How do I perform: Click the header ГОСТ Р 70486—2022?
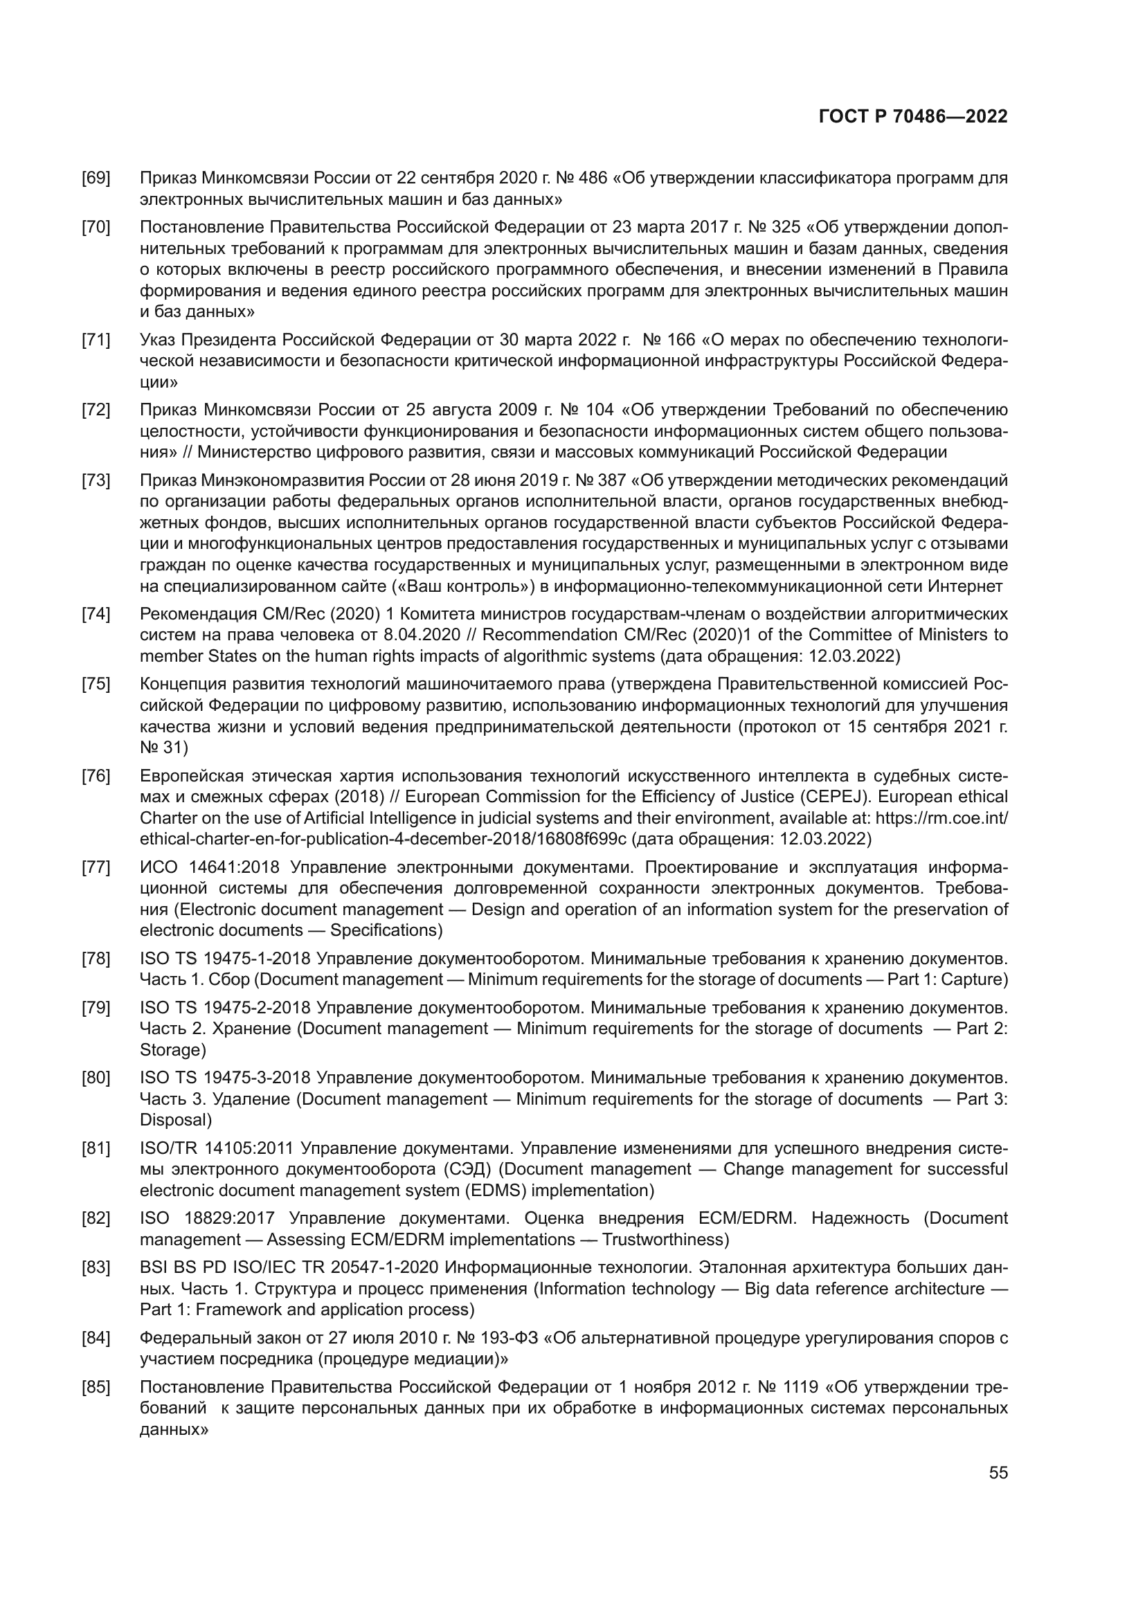point(913,116)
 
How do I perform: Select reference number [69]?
point(96,178)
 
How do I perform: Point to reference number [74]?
point(96,613)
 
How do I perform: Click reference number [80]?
point(96,1078)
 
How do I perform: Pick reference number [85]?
point(96,1388)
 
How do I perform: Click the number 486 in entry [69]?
point(593,178)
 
